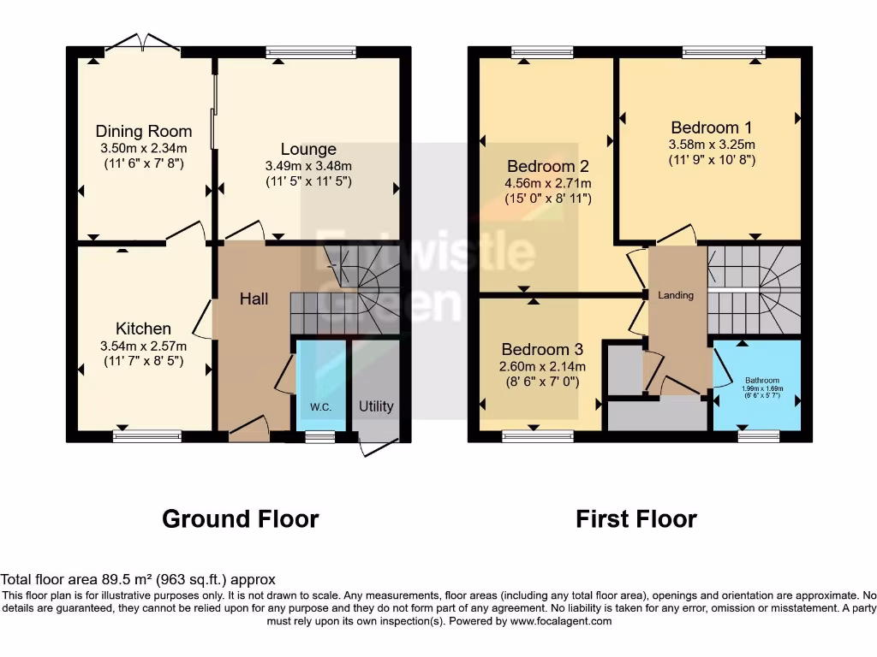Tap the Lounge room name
(308, 150)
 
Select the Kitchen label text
(143, 328)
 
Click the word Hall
(254, 299)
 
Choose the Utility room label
(376, 405)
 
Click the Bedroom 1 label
(712, 127)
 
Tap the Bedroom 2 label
(548, 166)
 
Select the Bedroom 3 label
(542, 349)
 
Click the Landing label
(676, 295)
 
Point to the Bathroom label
(761, 380)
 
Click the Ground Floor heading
(241, 518)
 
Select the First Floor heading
(636, 518)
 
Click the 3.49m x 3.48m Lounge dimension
(308, 166)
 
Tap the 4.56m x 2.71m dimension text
(548, 183)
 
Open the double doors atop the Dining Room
(143, 43)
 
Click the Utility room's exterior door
(379, 447)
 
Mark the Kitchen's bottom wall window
(147, 436)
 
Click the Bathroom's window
(759, 436)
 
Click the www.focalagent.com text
(560, 621)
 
